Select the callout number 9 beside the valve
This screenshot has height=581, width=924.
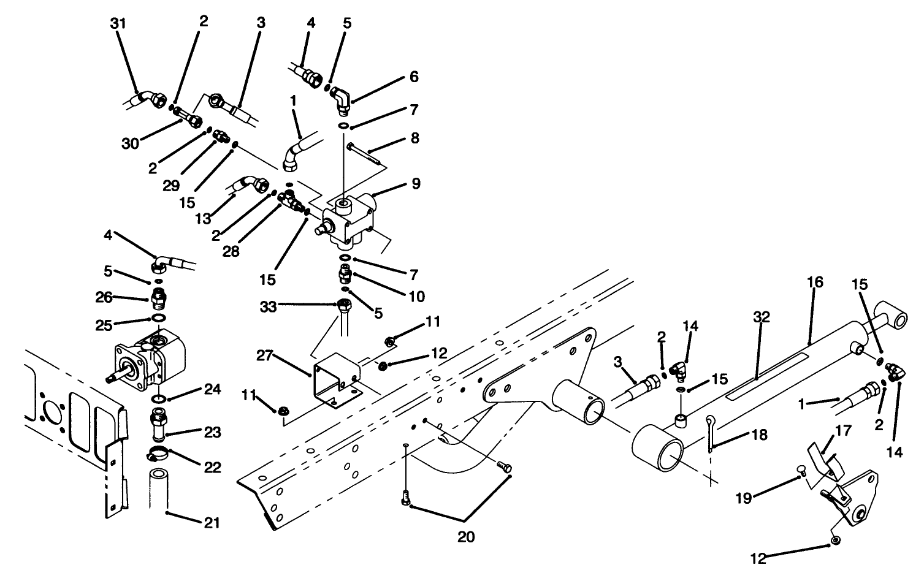[416, 183]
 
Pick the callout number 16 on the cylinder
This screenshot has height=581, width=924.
[815, 283]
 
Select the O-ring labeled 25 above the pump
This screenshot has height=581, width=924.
[158, 319]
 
